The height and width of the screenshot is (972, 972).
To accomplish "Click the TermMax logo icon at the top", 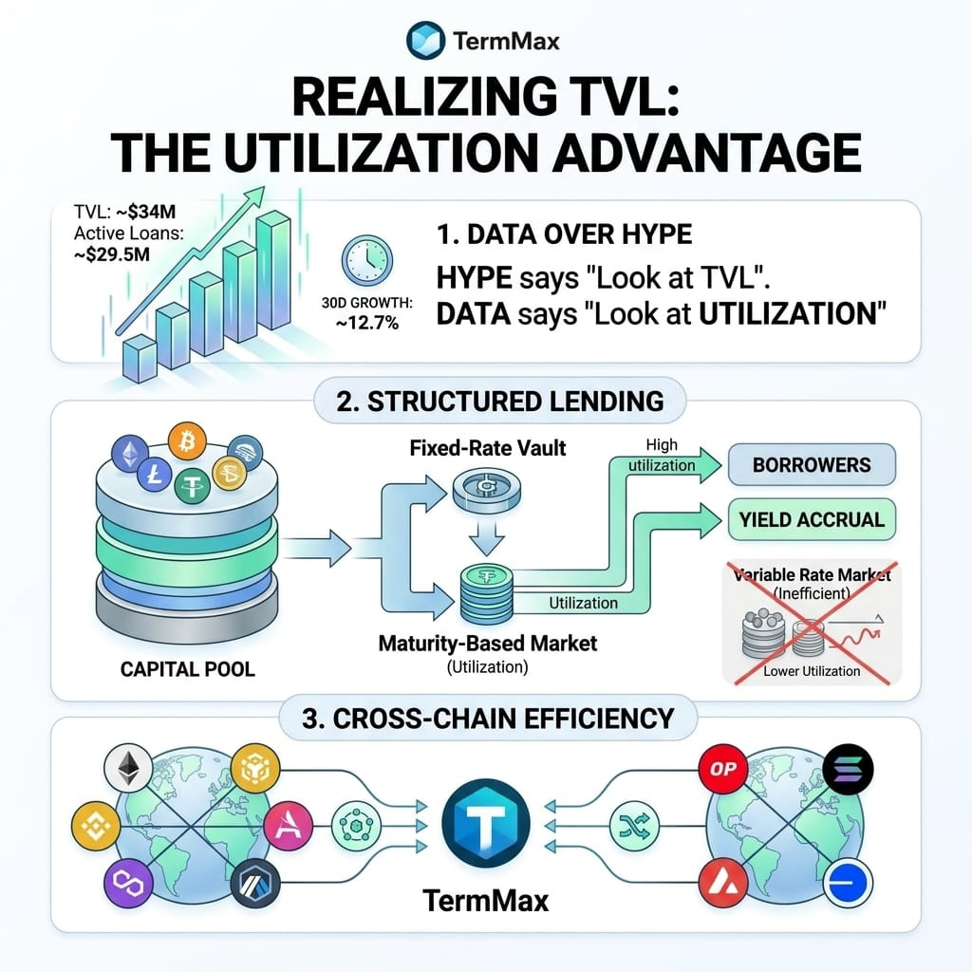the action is pos(425,40).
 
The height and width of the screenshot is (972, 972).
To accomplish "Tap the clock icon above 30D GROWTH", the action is pos(367,261).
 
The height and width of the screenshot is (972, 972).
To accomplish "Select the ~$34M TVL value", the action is pos(146,212).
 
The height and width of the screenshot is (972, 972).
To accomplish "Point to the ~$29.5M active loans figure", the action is pos(112,254).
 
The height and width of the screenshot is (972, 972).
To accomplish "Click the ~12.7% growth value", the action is pos(367,323).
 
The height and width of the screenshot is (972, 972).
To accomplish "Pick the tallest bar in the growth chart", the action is pos(273,270).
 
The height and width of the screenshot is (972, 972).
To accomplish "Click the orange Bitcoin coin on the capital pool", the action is pos(187,441).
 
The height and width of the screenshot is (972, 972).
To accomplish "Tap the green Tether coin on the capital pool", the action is pos(192,484).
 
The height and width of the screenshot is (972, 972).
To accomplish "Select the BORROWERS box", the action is pos(812,465).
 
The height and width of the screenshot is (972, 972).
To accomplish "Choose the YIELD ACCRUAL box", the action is pos(812,519).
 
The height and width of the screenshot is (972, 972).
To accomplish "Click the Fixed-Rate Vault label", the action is pos(488,448).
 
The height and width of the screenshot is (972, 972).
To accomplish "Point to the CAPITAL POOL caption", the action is pos(187,669).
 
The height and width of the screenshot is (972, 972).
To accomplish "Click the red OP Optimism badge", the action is pos(722,769).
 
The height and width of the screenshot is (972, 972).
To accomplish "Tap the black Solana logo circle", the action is pos(848,769).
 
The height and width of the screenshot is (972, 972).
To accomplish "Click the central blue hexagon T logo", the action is pos(486,823).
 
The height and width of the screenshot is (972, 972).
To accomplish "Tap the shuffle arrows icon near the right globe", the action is pos(634,826).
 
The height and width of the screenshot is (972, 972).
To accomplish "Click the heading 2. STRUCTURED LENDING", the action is pos(500,402).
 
